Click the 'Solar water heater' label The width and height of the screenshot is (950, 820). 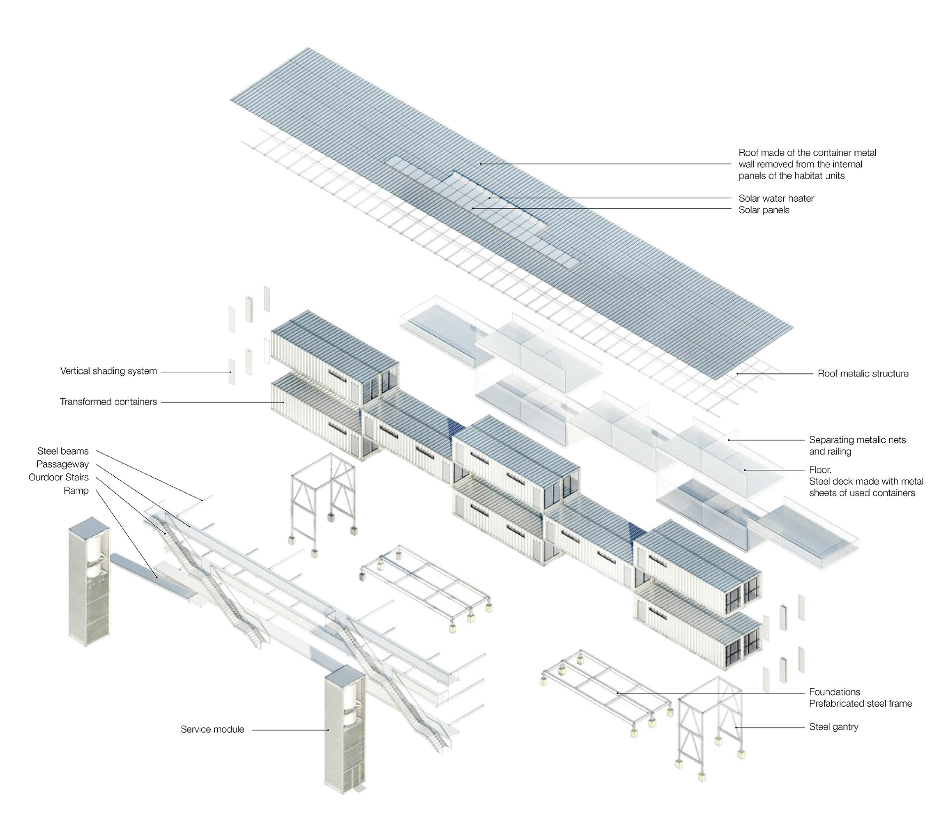(776, 198)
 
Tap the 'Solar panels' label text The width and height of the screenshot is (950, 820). (763, 210)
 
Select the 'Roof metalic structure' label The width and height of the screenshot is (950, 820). (863, 374)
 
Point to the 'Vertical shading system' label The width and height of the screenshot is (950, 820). (108, 371)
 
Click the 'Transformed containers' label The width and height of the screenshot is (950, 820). (108, 402)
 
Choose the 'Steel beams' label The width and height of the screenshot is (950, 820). (63, 451)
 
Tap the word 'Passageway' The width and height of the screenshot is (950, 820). (62, 464)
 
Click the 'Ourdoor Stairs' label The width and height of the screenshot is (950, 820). (58, 477)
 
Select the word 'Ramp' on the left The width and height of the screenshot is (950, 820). (76, 491)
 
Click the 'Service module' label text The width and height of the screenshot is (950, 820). (212, 729)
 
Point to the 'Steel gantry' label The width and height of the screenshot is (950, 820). (833, 727)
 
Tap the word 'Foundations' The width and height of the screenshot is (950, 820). (834, 692)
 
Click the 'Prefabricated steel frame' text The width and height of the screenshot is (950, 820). (860, 704)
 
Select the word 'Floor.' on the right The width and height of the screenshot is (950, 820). (820, 470)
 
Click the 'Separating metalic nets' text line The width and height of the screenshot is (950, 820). (857, 440)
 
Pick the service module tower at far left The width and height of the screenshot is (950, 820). (89, 584)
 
